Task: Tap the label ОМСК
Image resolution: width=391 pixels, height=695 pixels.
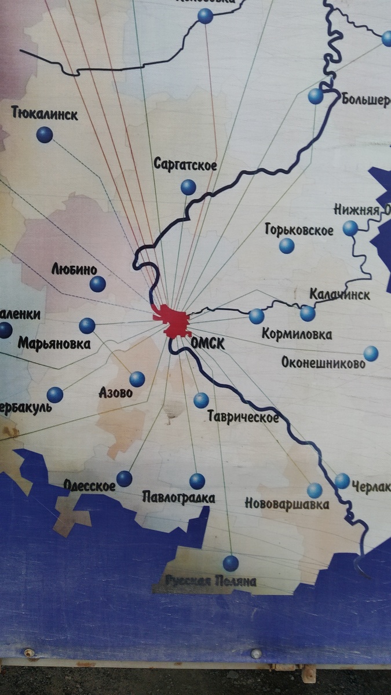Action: click(207, 343)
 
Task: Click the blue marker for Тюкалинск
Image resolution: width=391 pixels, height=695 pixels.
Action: click(45, 135)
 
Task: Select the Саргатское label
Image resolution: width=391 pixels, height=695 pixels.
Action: click(185, 164)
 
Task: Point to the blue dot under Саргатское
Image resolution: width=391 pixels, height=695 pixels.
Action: click(188, 187)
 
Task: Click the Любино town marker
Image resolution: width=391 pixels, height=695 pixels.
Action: click(98, 284)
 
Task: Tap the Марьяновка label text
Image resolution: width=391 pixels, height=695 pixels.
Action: click(54, 344)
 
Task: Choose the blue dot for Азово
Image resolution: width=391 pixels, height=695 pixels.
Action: click(137, 379)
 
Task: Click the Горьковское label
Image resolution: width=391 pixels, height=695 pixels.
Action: click(299, 231)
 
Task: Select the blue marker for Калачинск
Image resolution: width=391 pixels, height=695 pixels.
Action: click(308, 313)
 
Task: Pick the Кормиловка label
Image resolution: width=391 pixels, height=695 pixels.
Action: click(297, 334)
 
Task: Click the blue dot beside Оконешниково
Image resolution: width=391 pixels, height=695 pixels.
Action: click(371, 353)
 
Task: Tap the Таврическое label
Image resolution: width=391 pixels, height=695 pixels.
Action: click(243, 417)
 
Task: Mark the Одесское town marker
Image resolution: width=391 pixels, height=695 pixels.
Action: click(125, 478)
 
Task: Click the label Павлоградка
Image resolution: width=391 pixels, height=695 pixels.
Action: click(178, 498)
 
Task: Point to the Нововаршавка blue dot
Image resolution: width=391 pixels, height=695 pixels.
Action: click(315, 491)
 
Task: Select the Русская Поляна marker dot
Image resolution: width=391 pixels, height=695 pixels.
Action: click(231, 563)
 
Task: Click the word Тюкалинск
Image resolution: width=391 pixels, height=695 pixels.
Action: click(45, 113)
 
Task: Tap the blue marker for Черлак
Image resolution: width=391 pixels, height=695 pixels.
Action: click(342, 481)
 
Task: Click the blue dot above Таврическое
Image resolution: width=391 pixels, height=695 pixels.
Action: click(201, 400)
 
